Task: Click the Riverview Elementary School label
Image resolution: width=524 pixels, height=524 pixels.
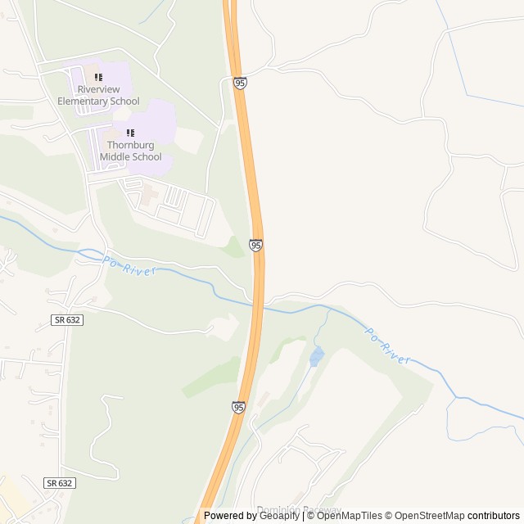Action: point(98,95)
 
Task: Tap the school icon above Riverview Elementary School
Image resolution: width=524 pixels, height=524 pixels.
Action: point(98,77)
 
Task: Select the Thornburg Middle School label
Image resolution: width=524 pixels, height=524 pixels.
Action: point(131,151)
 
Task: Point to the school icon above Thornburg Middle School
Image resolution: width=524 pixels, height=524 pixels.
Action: point(130,133)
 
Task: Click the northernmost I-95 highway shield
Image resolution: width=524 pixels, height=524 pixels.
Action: point(240,84)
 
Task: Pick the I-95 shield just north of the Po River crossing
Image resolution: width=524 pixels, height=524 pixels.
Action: point(256,246)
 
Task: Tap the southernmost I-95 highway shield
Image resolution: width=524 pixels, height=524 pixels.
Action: point(238,407)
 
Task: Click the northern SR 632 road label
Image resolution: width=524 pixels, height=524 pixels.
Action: point(66,320)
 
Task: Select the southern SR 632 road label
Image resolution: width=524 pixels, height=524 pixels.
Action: point(60,483)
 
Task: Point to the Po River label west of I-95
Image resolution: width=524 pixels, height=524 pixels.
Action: point(129,266)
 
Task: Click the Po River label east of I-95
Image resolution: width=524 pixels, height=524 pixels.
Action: point(386,346)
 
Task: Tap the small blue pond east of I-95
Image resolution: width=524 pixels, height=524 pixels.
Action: point(316,356)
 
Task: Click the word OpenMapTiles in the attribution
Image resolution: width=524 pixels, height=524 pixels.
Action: point(351,516)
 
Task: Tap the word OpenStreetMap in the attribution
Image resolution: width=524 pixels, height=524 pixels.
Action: point(429,516)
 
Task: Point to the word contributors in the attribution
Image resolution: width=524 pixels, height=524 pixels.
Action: point(494,516)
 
